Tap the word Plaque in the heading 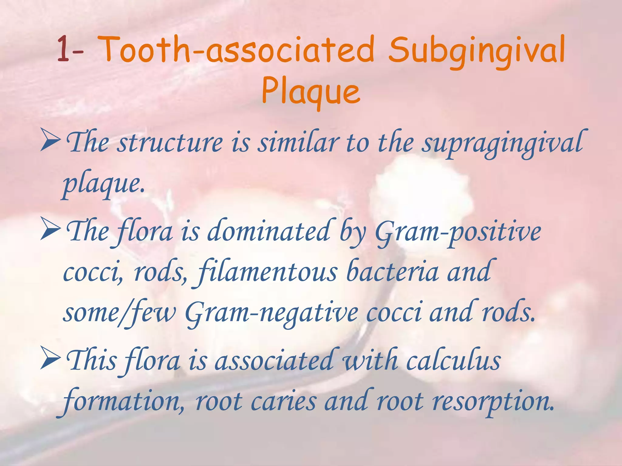click(x=311, y=90)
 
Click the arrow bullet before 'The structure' click(x=50, y=143)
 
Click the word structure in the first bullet click(x=170, y=143)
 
